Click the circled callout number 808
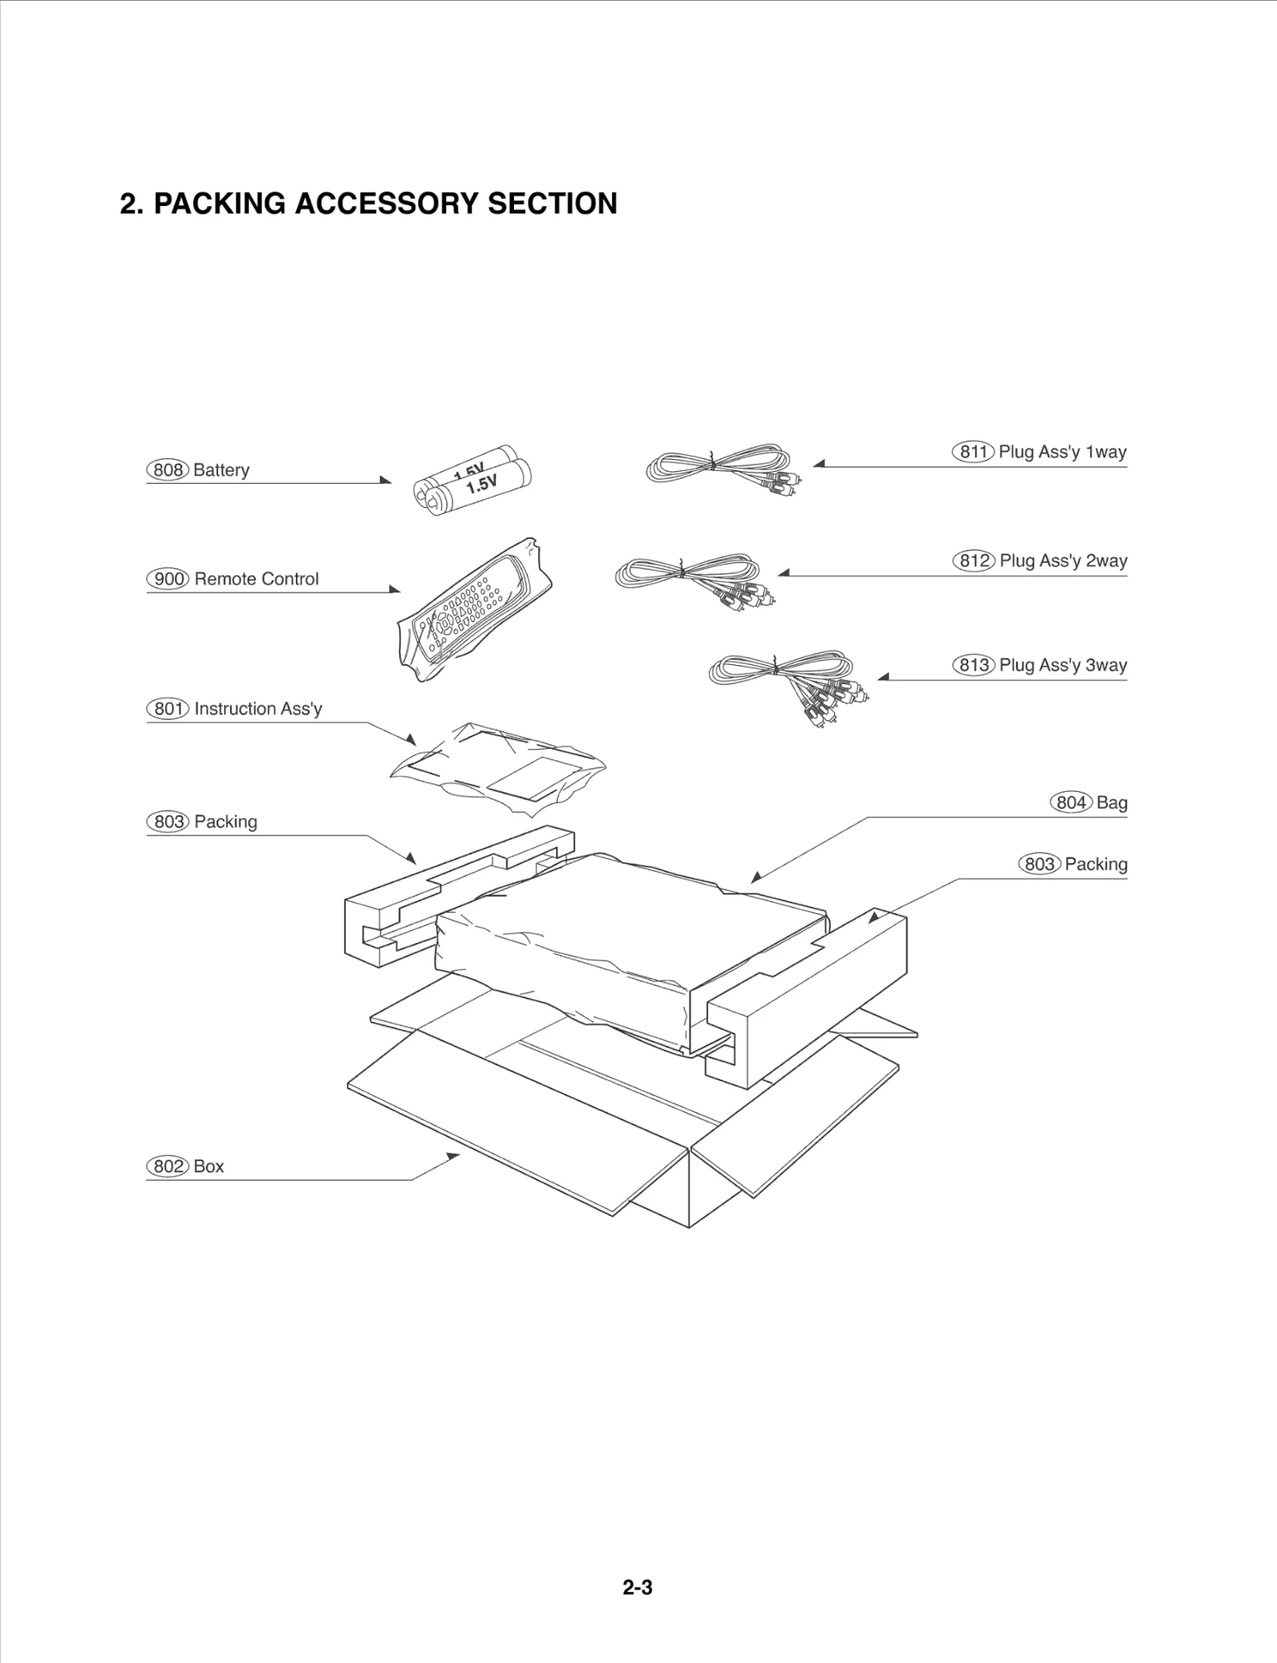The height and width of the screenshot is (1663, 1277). (x=167, y=470)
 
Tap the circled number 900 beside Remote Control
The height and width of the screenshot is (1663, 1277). (x=168, y=579)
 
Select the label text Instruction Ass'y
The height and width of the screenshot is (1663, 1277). (x=258, y=709)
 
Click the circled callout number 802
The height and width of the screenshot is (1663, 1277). (x=168, y=1166)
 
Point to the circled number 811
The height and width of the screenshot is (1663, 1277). (x=973, y=452)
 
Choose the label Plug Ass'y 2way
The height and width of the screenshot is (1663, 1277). (x=1063, y=561)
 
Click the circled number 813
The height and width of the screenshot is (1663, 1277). (x=973, y=665)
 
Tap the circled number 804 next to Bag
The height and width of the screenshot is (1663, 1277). (x=1070, y=803)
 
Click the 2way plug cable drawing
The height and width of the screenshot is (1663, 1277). (x=693, y=576)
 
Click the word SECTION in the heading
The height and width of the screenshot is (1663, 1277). (x=552, y=204)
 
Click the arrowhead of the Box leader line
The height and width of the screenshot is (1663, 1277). (x=454, y=1156)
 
